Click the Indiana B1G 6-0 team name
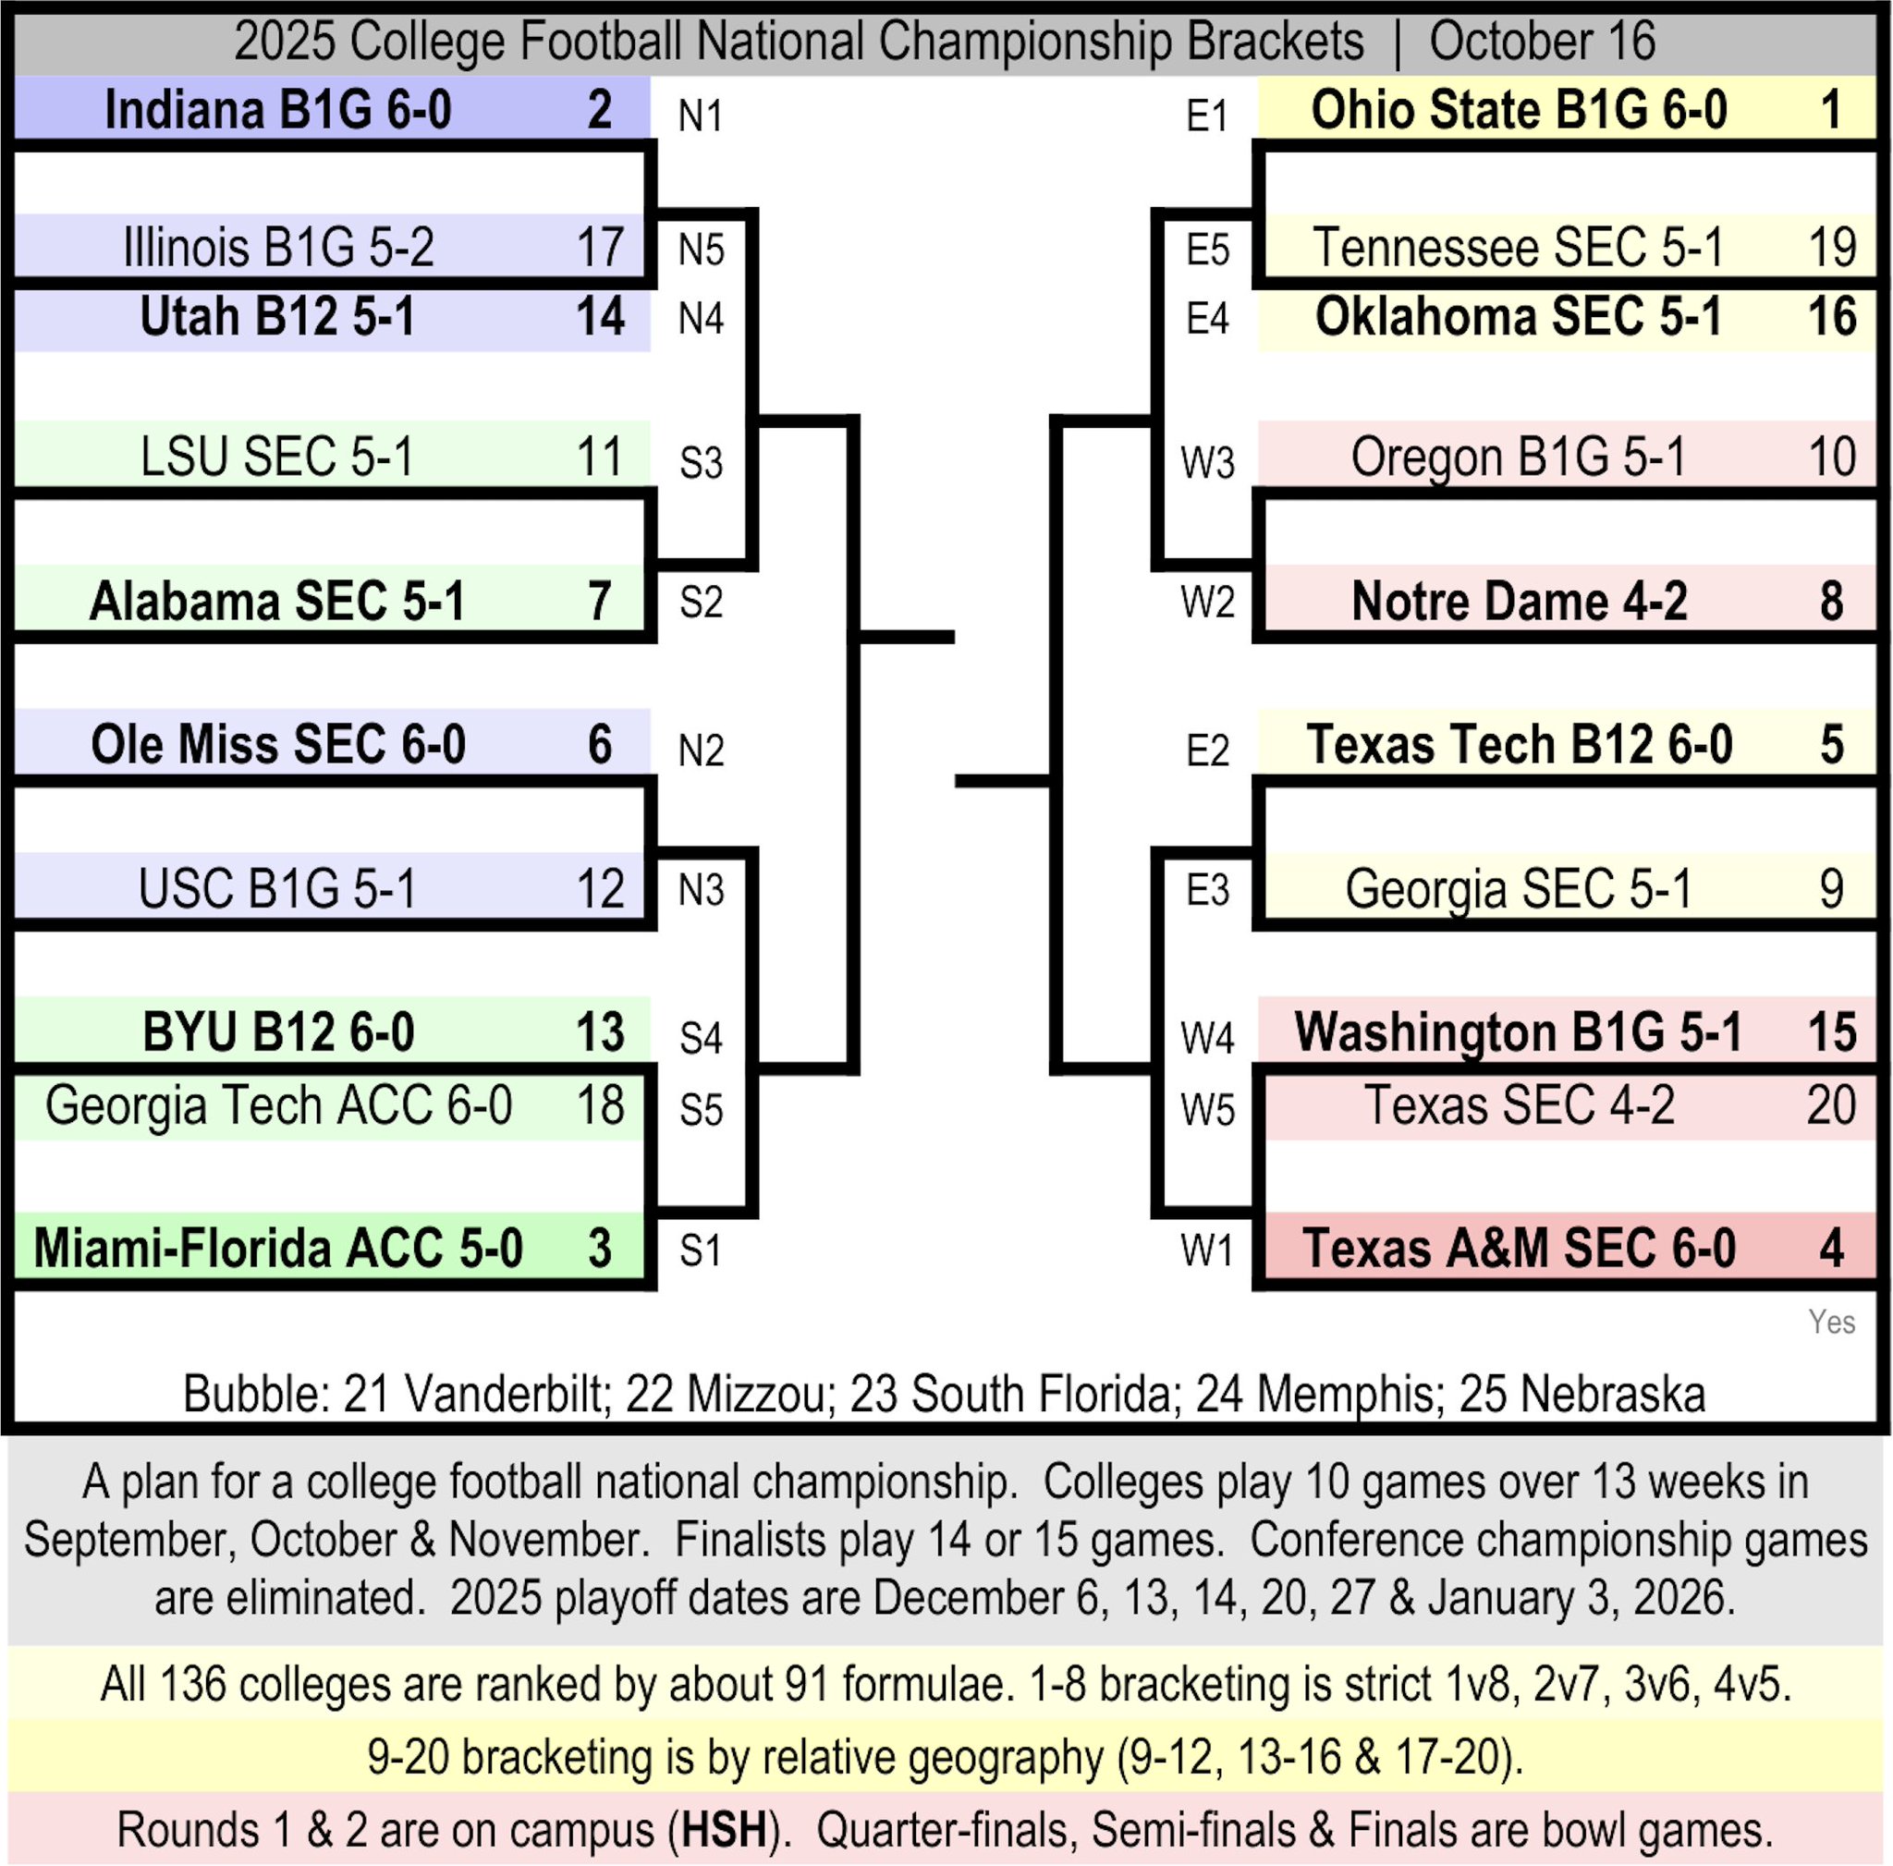[277, 109]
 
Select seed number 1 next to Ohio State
[1830, 109]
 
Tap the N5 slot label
[701, 250]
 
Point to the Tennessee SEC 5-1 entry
[1517, 247]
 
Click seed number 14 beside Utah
[600, 316]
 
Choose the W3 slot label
[1206, 462]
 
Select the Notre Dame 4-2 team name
[1519, 601]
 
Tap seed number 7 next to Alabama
[600, 601]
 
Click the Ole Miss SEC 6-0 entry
[278, 744]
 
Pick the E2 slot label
[1206, 750]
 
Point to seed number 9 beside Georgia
[1830, 888]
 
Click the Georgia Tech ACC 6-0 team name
[278, 1105]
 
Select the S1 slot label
[701, 1250]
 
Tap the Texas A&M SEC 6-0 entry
[1519, 1248]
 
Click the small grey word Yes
[1831, 1322]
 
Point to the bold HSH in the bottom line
[723, 1830]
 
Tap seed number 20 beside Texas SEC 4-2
[1830, 1105]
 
